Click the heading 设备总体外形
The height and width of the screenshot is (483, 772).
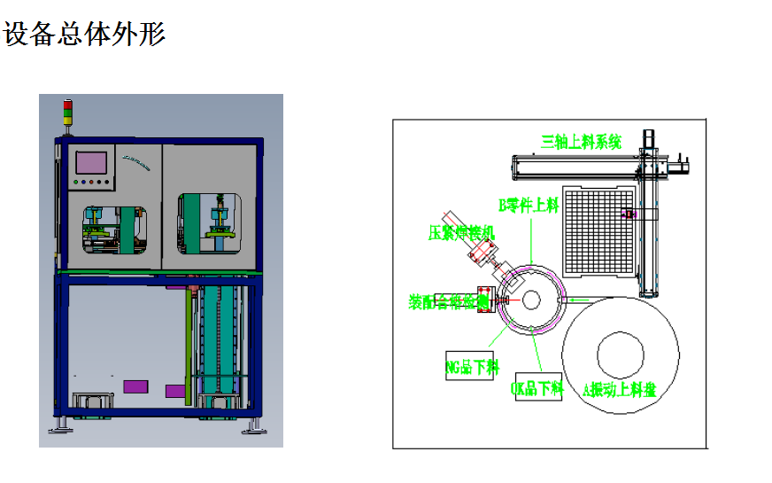click(85, 35)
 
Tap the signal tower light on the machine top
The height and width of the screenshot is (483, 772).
click(66, 114)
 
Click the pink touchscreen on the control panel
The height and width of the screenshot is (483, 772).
click(92, 163)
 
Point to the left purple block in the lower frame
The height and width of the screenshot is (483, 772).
click(135, 386)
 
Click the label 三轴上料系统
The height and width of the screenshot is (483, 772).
click(582, 141)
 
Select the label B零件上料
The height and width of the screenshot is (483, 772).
click(529, 206)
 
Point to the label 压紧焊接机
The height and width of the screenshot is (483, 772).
click(462, 233)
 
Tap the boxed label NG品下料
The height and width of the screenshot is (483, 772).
click(471, 365)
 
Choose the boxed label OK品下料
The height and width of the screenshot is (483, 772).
click(538, 386)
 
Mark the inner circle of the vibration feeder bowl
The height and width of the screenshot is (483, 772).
click(622, 353)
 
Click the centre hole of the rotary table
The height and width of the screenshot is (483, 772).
click(530, 300)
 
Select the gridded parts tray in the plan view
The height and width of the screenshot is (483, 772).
click(600, 233)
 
